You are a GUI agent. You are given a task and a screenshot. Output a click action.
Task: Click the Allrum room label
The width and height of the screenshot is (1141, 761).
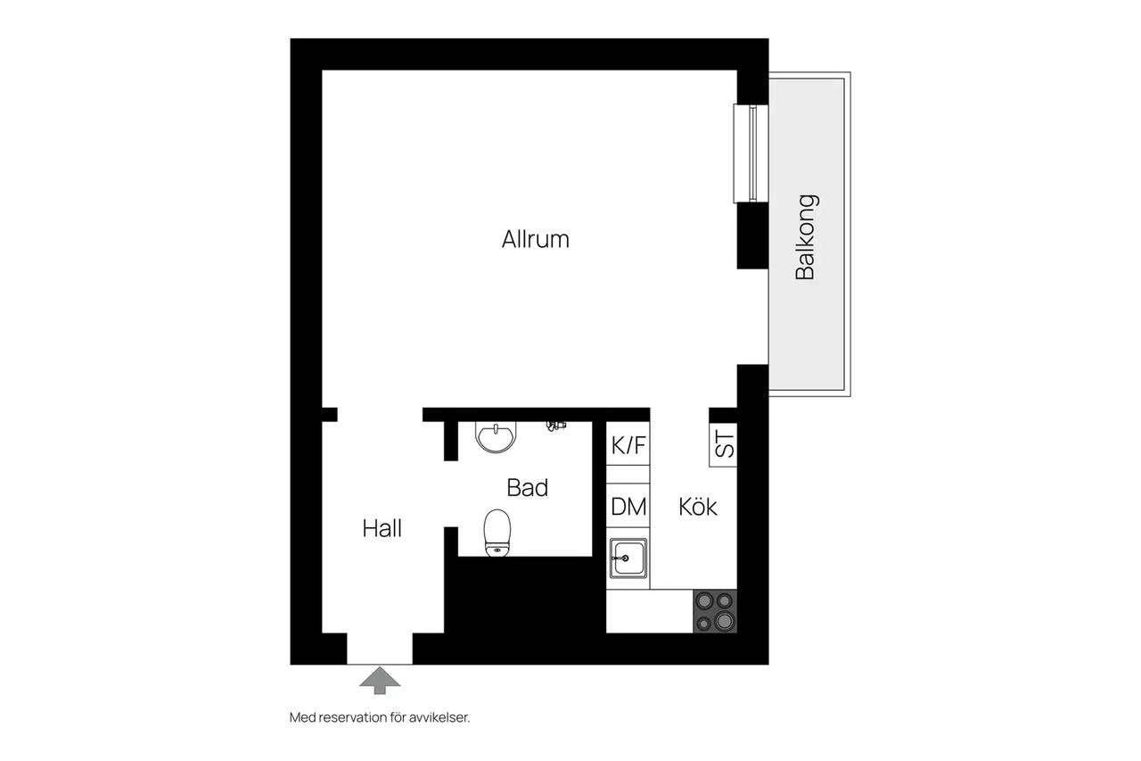click(x=536, y=239)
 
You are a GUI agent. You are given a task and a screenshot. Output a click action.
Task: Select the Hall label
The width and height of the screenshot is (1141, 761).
click(x=382, y=528)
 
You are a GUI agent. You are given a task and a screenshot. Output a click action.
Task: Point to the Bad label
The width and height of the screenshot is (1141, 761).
click(x=527, y=488)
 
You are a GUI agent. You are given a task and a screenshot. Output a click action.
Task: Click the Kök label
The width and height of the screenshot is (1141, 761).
click(x=698, y=506)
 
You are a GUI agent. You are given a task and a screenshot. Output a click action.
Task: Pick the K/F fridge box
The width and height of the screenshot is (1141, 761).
click(x=628, y=443)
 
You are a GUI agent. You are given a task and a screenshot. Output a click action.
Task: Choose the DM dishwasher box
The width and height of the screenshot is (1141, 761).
click(x=628, y=505)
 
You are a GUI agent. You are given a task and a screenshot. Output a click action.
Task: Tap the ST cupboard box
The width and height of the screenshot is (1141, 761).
click(x=723, y=444)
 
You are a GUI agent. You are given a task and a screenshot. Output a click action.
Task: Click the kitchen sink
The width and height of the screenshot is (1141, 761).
click(x=628, y=558)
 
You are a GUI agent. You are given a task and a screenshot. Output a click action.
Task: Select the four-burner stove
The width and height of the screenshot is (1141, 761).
click(x=715, y=611)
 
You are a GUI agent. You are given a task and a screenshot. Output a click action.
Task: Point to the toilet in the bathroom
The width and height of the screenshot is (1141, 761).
click(x=497, y=533)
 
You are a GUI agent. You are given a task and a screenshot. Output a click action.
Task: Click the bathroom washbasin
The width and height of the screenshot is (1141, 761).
click(x=496, y=437)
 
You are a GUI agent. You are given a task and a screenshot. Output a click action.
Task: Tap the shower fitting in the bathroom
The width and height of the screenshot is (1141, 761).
click(x=555, y=426)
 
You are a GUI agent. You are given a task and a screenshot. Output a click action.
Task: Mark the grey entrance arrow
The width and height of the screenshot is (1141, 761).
click(x=380, y=681)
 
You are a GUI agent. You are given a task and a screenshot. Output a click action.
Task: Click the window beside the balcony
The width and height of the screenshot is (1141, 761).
click(x=751, y=153)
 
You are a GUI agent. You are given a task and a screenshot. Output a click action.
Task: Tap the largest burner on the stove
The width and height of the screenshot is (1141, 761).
click(x=725, y=621)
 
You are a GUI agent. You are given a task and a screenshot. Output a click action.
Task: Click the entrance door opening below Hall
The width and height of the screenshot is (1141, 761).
click(x=380, y=649)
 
